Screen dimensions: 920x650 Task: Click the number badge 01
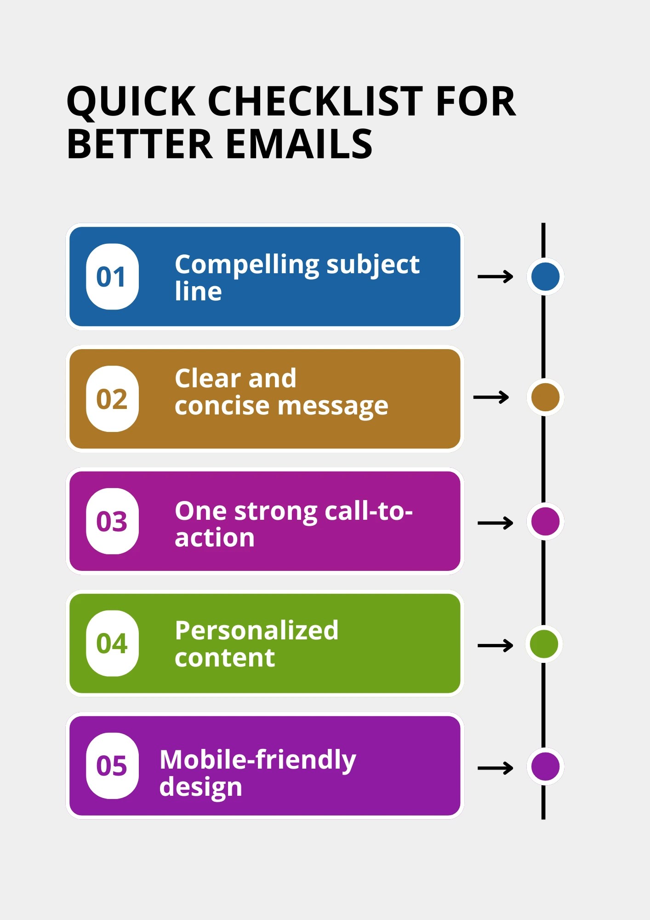point(112,276)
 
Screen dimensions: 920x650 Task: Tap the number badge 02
point(112,399)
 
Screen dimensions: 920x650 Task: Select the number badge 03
point(112,521)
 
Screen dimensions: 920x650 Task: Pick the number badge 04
point(112,643)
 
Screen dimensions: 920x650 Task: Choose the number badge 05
point(112,765)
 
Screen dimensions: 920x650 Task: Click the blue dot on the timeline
point(545,276)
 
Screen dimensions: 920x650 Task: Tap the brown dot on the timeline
point(545,397)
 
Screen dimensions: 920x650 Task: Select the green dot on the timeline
point(544,644)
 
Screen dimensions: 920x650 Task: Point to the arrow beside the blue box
point(495,276)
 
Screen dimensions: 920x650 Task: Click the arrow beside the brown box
point(491,397)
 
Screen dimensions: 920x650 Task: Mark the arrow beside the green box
point(495,645)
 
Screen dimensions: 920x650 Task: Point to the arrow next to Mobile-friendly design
point(495,768)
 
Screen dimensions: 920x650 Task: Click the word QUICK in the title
point(131,102)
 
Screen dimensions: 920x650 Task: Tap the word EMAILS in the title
point(299,144)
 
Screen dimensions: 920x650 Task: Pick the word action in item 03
point(214,538)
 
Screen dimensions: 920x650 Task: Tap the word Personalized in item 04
point(257,630)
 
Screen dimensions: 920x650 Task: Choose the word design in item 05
point(200,788)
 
